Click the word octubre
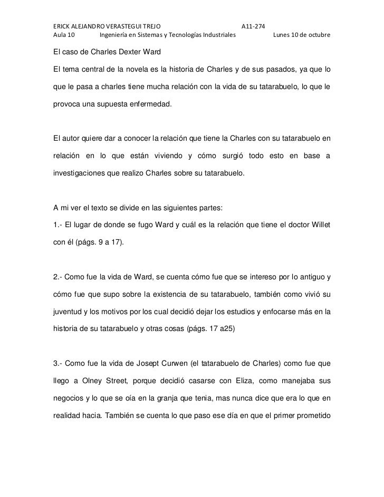coord(319,36)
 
